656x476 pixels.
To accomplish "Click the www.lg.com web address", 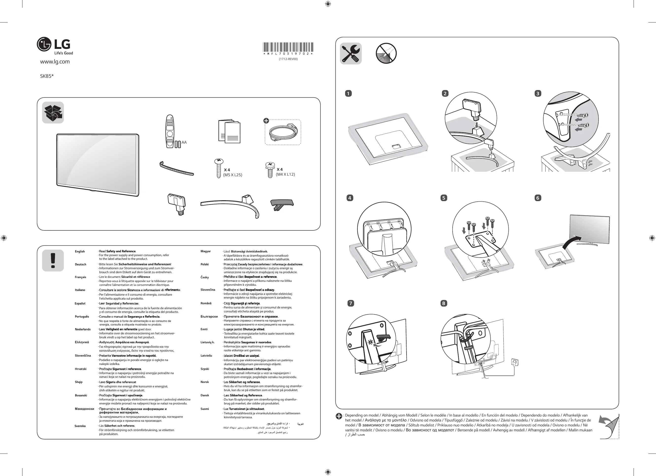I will [55, 62].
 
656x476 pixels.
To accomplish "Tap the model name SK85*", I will [47, 76].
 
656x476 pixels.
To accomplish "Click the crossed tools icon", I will [351, 54].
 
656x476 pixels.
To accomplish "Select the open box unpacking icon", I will [53, 113].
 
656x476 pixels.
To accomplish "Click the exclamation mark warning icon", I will [53, 261].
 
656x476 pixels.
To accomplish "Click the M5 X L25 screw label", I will [232, 175].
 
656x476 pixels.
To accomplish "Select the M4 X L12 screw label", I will [285, 174].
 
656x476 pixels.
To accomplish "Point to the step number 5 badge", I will [444, 198].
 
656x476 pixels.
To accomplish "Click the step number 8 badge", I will [443, 304].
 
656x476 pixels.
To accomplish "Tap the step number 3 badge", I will [538, 94].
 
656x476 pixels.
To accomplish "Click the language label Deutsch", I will [80, 264].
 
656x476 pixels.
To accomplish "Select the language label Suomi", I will [205, 409].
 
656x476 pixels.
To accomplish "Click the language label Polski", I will [205, 264].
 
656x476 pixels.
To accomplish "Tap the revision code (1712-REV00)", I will [288, 59].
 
